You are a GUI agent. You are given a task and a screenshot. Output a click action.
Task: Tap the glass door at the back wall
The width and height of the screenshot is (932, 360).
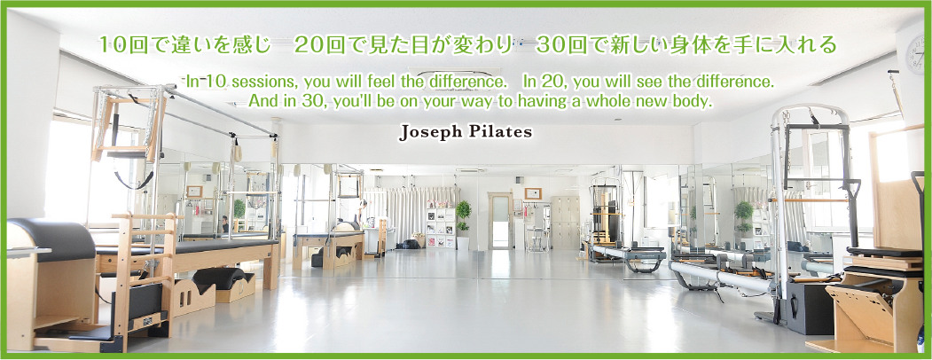coord(500,221)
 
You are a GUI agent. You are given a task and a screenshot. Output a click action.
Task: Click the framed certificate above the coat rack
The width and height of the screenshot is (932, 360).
coord(533,193)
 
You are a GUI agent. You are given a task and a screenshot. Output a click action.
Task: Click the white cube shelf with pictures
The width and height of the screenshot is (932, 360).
coord(441,228)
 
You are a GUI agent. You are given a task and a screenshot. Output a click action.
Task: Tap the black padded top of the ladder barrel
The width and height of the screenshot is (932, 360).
coord(51,238)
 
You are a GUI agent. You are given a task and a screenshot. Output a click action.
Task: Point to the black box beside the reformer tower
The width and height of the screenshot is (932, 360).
coord(810,308)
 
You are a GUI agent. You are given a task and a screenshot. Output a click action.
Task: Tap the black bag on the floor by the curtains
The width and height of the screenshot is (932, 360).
coord(408,244)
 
